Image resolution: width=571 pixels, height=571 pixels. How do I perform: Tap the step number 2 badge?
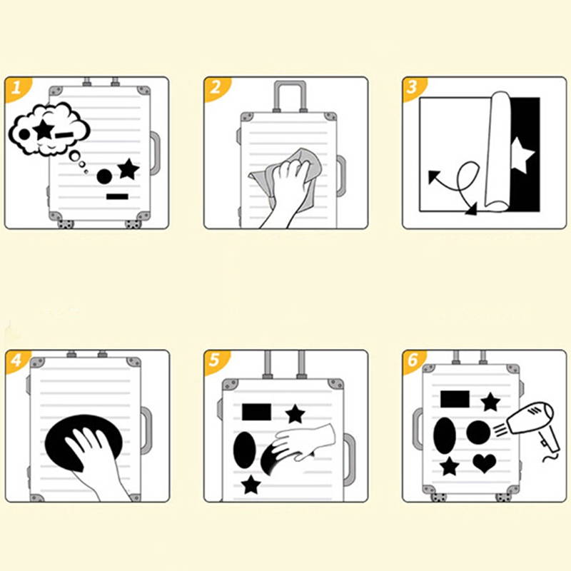point(216,88)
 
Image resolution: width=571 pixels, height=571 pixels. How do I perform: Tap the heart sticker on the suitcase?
point(485,463)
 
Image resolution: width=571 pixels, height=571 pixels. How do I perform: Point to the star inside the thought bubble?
point(44,128)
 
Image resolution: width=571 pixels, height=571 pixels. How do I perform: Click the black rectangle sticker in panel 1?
point(117,197)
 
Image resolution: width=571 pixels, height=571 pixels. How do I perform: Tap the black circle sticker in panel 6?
point(478,433)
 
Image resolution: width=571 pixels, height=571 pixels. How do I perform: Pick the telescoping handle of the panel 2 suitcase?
point(290,96)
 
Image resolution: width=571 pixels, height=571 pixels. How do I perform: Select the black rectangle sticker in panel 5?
point(257,412)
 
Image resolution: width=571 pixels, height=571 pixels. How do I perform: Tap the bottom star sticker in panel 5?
point(251,485)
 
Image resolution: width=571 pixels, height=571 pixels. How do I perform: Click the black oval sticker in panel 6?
point(445,436)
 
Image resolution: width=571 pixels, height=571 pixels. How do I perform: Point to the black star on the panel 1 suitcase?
point(128,168)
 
